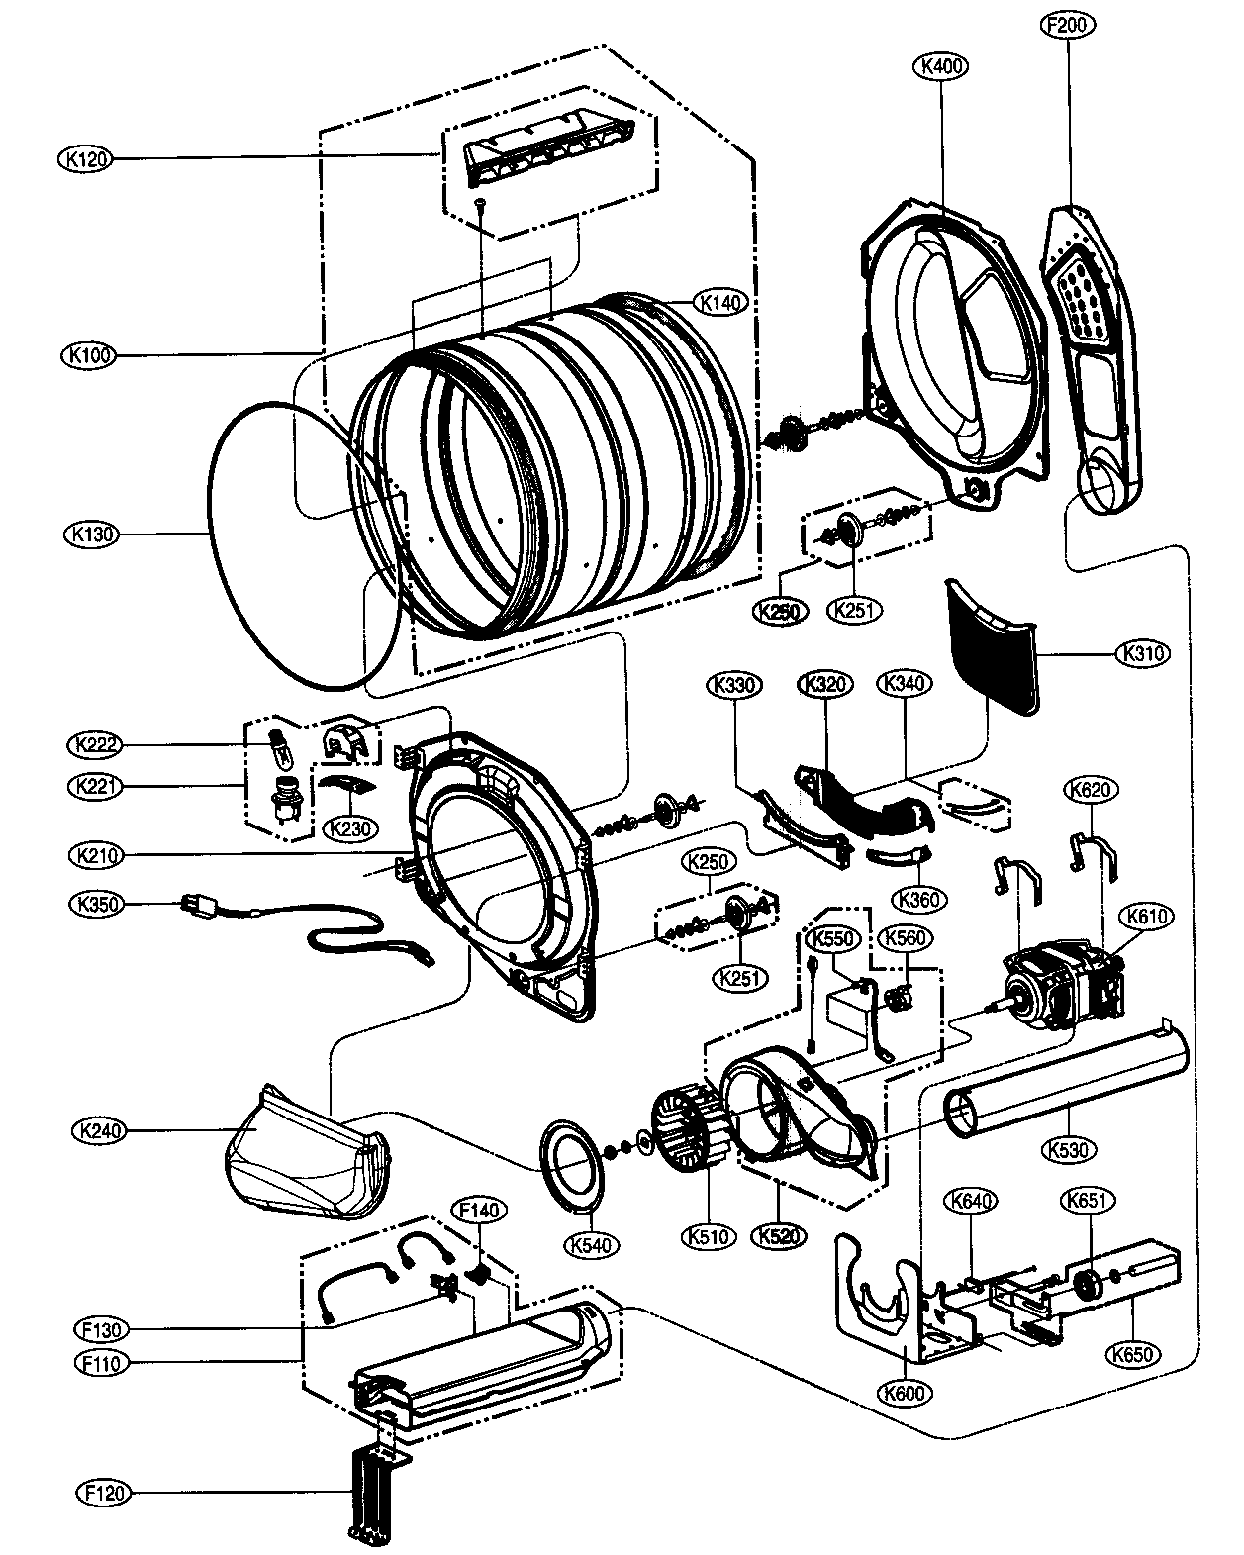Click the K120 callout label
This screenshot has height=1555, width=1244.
[x=86, y=158]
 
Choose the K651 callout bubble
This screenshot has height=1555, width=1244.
[x=1090, y=1201]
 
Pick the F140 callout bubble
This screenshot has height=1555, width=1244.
[x=478, y=1210]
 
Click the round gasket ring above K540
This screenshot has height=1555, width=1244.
[x=570, y=1165]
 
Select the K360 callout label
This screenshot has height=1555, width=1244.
[x=918, y=899]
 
